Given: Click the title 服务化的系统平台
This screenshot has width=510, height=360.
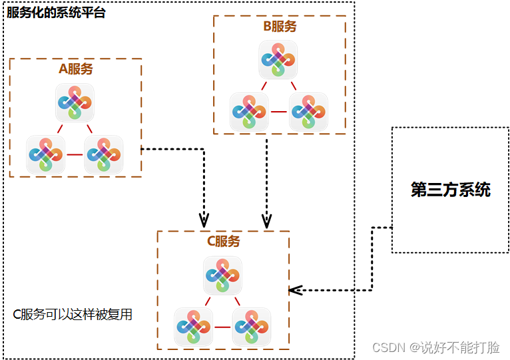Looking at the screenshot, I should [x=56, y=13].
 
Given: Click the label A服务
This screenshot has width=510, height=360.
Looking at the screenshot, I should [x=76, y=69].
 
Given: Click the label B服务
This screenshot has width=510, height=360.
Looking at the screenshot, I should [x=280, y=27].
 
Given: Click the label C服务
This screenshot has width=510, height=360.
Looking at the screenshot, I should [x=223, y=242].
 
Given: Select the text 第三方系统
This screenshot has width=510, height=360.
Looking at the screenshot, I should [x=450, y=190].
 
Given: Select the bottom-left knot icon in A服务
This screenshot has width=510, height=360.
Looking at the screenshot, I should [x=46, y=154].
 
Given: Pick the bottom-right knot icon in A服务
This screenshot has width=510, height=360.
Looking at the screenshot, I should [x=104, y=154].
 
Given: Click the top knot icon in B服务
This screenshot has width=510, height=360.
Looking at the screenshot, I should [x=278, y=60].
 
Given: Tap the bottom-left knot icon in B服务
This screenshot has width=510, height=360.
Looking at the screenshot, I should [x=250, y=112].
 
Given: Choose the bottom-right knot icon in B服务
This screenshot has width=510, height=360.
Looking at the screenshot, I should [x=308, y=112].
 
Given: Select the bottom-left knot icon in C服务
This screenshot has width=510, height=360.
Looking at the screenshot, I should [x=194, y=327].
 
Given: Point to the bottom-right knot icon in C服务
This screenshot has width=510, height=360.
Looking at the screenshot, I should [x=252, y=327].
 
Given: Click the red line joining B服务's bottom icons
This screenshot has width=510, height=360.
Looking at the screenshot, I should [x=279, y=112].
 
